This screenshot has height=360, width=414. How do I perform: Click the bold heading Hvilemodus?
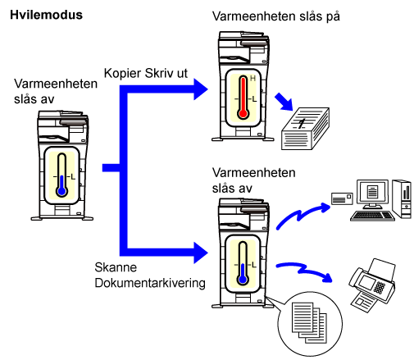46,15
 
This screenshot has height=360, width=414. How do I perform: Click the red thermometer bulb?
243,113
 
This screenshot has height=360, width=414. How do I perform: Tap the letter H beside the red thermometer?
252,79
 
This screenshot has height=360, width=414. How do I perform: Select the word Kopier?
123,73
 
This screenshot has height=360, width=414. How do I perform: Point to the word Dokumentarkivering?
150,283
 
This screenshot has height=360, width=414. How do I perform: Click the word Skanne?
116,267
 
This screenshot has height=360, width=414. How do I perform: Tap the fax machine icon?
372,285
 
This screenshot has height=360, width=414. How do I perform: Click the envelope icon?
342,198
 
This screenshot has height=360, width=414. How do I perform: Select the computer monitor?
372,194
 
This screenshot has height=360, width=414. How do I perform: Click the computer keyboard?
372,216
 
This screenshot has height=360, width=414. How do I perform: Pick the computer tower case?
402,198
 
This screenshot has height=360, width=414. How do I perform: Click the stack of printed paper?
305,129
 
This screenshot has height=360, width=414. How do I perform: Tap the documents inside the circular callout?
309,322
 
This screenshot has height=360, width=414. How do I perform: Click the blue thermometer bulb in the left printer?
62,191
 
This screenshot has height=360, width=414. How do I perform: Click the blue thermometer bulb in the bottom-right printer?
243,280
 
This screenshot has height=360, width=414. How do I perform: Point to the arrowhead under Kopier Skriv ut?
201,89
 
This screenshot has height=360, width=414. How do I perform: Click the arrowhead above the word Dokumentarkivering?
201,253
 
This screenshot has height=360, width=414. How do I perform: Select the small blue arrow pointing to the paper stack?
284,102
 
